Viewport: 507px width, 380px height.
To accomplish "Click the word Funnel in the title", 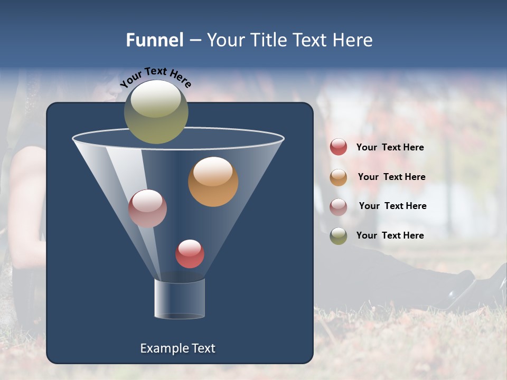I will coord(155,40).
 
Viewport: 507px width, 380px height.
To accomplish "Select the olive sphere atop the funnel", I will coord(156,111).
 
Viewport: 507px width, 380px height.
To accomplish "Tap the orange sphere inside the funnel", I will coord(213,182).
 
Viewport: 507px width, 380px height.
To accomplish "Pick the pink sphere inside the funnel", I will coord(147,208).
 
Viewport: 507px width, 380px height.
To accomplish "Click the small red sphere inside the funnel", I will coord(190,254).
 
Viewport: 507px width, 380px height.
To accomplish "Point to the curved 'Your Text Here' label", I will coord(155,77).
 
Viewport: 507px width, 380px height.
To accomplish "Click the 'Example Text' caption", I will coord(177,348).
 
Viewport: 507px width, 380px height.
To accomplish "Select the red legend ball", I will coord(339,147).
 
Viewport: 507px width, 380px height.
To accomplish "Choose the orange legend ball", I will coord(339,177).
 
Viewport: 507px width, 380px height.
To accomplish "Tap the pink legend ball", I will coord(339,206).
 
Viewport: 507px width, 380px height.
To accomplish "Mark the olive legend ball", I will coord(339,236).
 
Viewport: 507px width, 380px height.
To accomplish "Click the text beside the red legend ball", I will coord(390,147).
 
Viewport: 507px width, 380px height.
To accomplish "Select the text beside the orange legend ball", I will coord(391,177).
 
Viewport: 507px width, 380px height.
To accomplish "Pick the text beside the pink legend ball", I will coord(392,206).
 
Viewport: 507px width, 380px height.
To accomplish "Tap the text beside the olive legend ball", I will coord(390,235).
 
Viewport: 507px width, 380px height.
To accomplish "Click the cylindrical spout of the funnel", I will coord(179,298).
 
